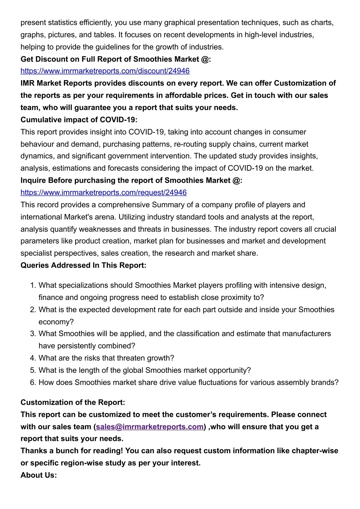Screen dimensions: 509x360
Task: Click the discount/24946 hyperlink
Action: point(105,71)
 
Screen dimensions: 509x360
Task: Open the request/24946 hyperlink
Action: point(104,192)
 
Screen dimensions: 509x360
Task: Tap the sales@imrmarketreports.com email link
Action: point(150,427)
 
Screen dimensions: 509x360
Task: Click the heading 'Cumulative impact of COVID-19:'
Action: point(79,120)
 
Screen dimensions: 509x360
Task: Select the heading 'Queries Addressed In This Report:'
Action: point(83,265)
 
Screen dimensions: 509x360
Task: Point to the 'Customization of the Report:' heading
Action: point(73,402)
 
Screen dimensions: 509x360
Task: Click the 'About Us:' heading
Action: point(39,475)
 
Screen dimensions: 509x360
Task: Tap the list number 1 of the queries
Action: point(33,285)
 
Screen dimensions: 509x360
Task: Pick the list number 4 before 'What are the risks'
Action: point(33,358)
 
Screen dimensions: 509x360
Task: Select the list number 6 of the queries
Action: point(33,383)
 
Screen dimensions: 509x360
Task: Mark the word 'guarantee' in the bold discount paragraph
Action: point(92,108)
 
